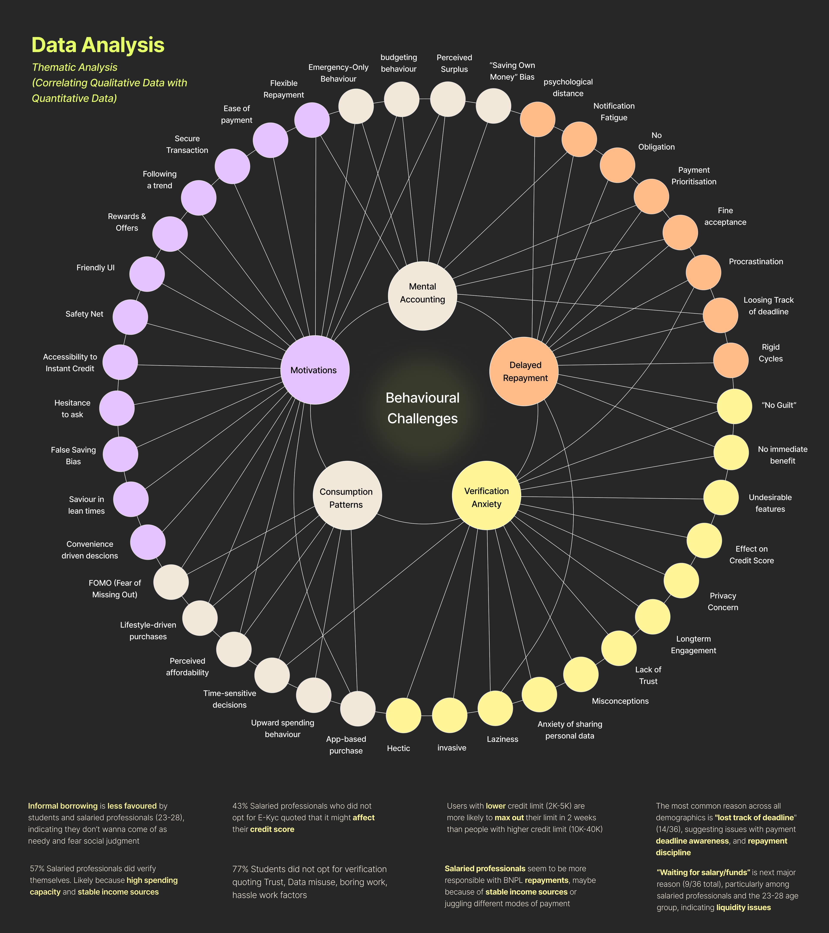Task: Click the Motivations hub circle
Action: pyautogui.click(x=315, y=370)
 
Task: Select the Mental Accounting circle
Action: pyautogui.click(x=422, y=296)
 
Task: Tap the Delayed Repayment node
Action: pyautogui.click(x=524, y=371)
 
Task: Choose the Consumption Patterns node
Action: pyautogui.click(x=347, y=496)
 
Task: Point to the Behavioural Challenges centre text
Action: pyautogui.click(x=422, y=408)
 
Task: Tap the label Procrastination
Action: pyautogui.click(x=756, y=262)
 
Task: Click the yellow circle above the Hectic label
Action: pyautogui.click(x=403, y=715)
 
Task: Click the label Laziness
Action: pyautogui.click(x=502, y=739)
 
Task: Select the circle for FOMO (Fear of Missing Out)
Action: pyautogui.click(x=171, y=582)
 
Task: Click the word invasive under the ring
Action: pyautogui.click(x=452, y=748)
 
